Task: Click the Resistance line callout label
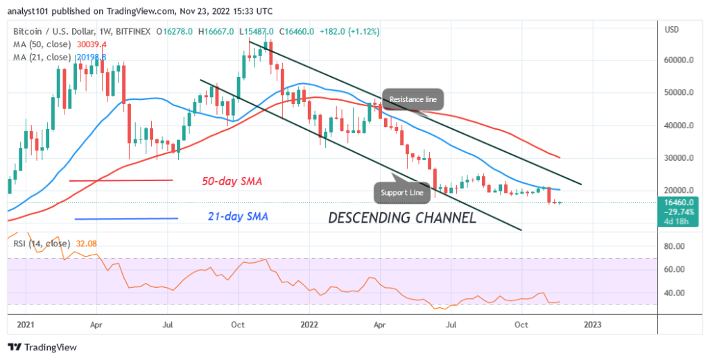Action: (413, 100)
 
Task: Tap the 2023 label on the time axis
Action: (592, 324)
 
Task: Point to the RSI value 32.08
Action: (87, 243)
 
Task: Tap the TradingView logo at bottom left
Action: (42, 347)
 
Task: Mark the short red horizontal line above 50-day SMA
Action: (121, 180)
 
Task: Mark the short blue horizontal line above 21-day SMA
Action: (126, 219)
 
